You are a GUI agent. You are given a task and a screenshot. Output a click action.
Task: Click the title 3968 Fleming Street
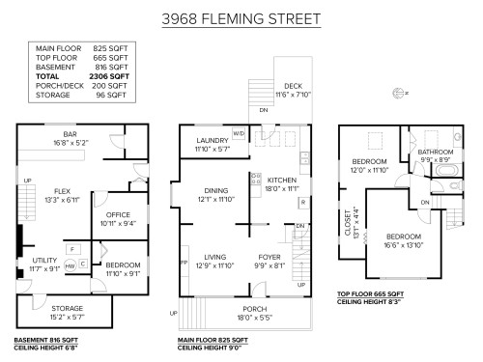[x=241, y=18]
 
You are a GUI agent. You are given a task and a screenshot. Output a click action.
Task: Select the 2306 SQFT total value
[x=108, y=74]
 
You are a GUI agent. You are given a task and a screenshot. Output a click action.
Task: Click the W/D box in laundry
[x=238, y=133]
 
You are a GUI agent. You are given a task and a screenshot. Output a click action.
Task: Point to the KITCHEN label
[x=281, y=181]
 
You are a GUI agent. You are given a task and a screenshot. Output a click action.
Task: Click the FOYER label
[x=270, y=257]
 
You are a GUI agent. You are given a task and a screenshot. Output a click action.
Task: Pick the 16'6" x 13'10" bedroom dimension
[x=404, y=245]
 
